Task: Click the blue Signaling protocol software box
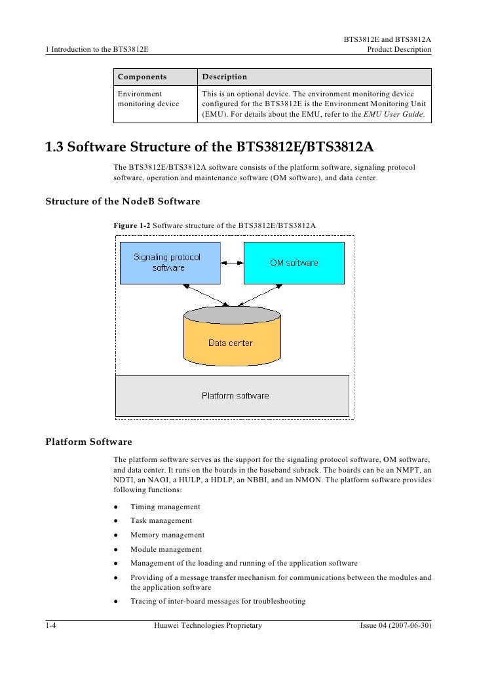168,262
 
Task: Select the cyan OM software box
294,262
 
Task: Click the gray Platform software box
232,395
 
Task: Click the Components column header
142,77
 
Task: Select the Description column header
224,77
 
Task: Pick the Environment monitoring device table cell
148,99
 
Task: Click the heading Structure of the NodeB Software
122,201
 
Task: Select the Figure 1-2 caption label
132,225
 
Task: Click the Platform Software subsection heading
88,442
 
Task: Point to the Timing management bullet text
165,507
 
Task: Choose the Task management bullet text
161,521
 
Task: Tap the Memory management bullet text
167,535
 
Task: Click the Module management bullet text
166,549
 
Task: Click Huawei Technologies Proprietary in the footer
207,626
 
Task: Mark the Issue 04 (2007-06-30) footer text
395,626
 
